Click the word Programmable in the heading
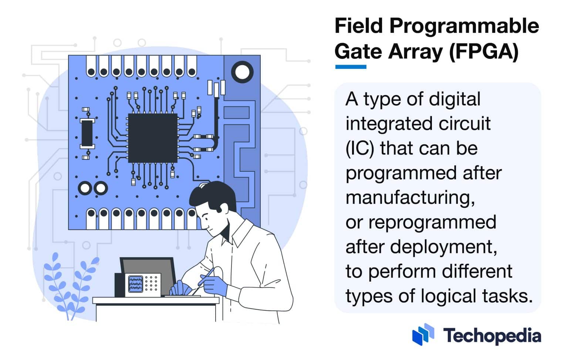[464, 26]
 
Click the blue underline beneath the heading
[350, 67]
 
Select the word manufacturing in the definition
[410, 197]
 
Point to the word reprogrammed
[432, 222]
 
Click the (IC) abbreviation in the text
[360, 148]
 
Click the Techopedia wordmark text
[492, 336]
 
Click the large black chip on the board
[152, 138]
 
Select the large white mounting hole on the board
[242, 71]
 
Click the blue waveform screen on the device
[135, 284]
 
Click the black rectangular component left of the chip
[87, 133]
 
